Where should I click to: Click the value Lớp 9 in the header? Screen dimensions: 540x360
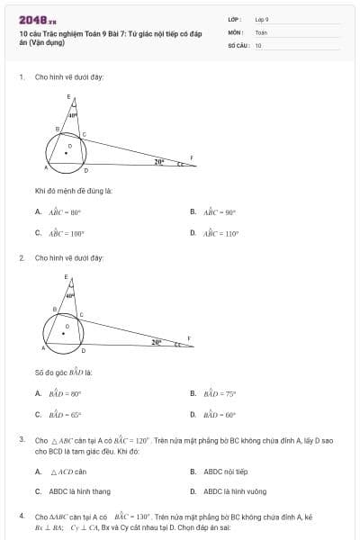pos(262,19)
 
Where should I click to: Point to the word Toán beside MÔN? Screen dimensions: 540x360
pos(261,31)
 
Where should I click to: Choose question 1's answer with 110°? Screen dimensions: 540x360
pos(220,232)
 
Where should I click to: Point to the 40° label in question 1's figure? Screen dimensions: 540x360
pos(73,115)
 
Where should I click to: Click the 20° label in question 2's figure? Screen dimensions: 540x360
pos(157,342)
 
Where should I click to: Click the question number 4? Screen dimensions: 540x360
pos(21,517)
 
